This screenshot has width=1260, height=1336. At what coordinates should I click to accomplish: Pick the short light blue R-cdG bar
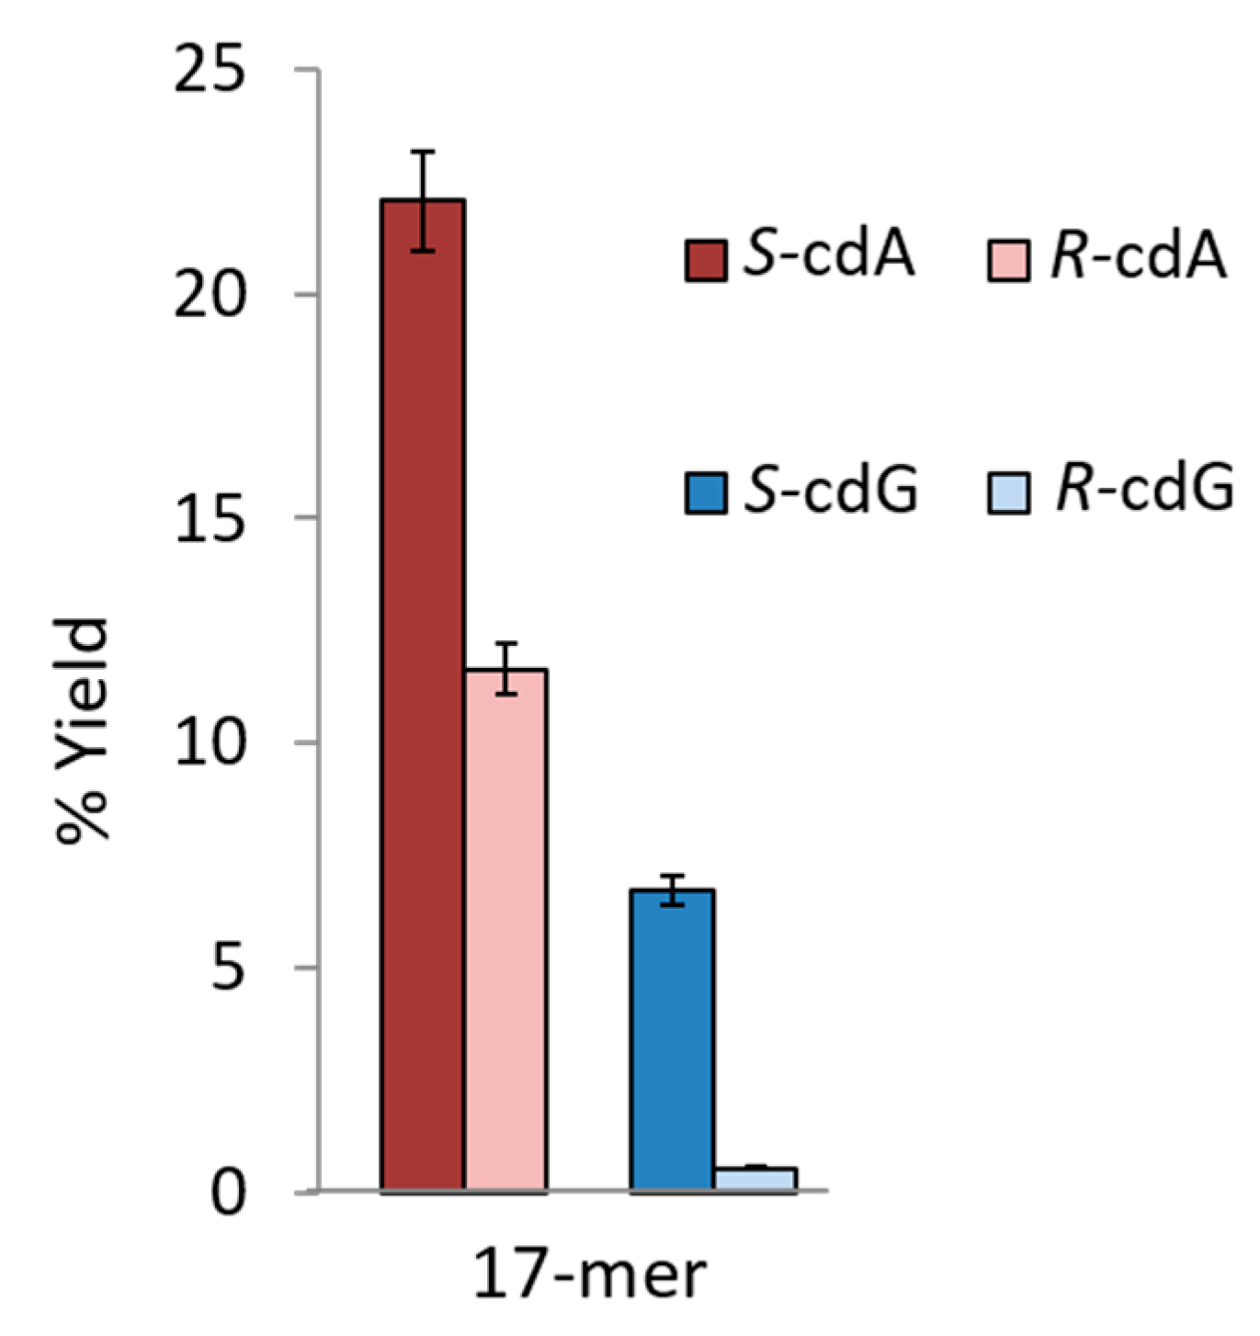click(755, 1179)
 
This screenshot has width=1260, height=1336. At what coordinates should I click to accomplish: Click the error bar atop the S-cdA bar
click(422, 200)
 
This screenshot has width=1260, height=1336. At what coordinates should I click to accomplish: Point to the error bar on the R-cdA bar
click(505, 669)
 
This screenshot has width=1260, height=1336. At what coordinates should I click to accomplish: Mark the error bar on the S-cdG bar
click(672, 889)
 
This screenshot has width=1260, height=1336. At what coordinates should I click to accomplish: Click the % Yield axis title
click(83, 730)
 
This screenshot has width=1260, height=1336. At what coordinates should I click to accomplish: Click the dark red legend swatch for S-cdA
click(706, 260)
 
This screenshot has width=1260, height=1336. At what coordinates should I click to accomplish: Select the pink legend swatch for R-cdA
click(1008, 260)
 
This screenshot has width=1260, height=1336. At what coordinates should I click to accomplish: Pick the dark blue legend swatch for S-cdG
click(706, 493)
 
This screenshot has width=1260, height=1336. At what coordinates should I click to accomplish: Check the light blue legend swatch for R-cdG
click(1008, 493)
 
